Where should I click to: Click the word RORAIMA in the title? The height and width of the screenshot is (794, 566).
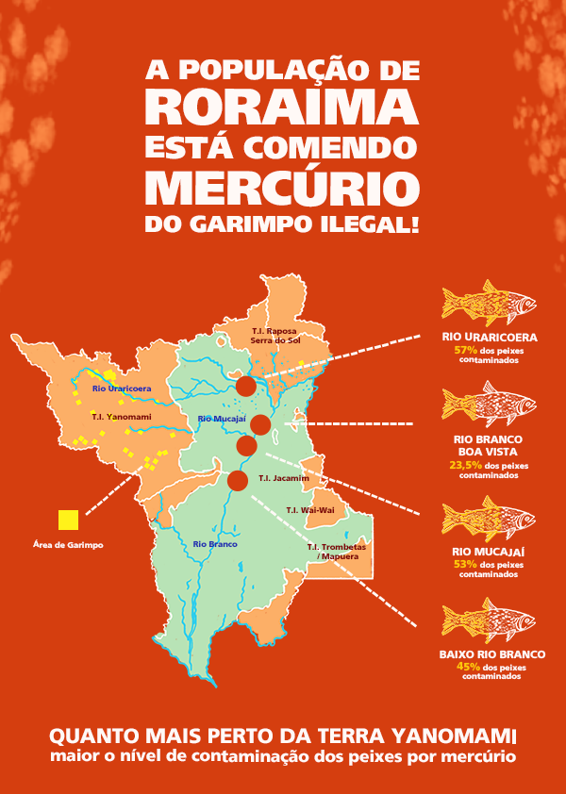(x=283, y=106)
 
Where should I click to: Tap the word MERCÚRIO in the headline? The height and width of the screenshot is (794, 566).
(x=283, y=187)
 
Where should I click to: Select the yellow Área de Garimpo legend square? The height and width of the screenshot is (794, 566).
(x=68, y=520)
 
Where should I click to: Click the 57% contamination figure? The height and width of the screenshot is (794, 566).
(x=467, y=350)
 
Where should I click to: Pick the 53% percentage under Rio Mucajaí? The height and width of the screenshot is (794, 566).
(x=465, y=564)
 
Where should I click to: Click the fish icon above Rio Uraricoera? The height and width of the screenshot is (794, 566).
(x=489, y=303)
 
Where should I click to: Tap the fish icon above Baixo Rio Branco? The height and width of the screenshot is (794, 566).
(x=489, y=620)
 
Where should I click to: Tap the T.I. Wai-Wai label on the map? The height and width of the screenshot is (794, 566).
(x=310, y=510)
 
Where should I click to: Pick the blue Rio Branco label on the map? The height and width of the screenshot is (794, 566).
(x=215, y=544)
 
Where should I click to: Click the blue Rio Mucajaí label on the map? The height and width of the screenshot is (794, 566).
(x=222, y=418)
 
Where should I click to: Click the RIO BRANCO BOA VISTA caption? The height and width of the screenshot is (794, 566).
(x=489, y=445)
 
